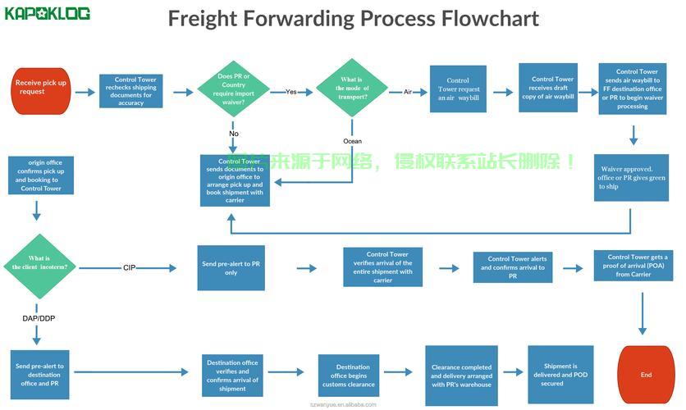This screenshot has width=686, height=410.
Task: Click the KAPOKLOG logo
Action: pos(48,14)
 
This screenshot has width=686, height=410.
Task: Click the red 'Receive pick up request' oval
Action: pos(41,87)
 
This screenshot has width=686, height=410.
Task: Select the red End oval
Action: pos(646,375)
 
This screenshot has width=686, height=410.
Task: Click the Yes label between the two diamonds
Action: pos(291,92)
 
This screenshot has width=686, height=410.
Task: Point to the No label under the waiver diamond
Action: pos(234,134)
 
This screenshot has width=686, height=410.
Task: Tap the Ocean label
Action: pos(352,141)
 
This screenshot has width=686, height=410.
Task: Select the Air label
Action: pos(408,92)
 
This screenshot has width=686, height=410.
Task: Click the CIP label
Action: pos(129,267)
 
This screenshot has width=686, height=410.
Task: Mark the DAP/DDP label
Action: pos(39,317)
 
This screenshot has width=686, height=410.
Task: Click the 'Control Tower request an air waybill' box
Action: pos(458,89)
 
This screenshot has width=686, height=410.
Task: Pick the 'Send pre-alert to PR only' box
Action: pos(231,267)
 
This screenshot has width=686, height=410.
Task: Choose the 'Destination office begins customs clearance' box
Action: pos(353,376)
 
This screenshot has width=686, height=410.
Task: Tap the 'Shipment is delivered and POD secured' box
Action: pos(559,374)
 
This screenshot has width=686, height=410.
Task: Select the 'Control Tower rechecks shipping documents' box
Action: pos(130,91)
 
